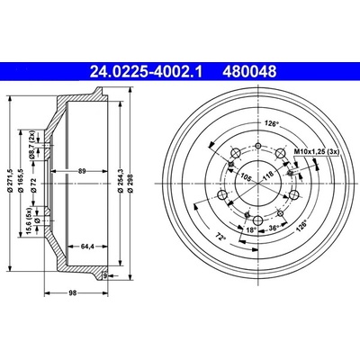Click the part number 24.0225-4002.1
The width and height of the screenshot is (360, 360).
[x=146, y=72]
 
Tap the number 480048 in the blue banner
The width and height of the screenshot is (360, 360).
[x=249, y=72]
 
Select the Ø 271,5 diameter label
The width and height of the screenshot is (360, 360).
[x=11, y=180]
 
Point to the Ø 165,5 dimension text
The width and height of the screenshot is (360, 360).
[x=21, y=180]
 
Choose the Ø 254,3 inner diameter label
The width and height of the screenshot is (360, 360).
[x=121, y=180]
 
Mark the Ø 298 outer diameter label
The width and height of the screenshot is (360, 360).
[x=130, y=183]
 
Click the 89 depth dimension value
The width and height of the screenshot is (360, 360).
[x=82, y=171]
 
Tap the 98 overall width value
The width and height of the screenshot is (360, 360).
[x=73, y=293]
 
